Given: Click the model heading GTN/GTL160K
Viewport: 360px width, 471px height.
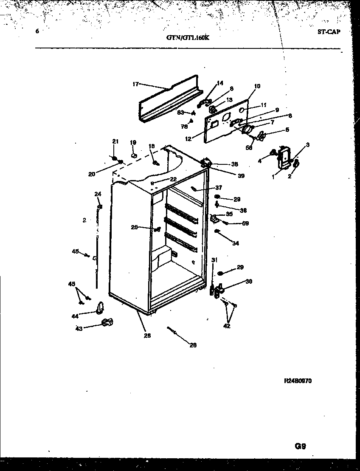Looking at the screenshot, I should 188,37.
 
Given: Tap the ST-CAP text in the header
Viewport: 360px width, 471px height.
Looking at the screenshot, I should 328,32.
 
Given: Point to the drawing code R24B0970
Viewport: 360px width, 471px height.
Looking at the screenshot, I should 298,381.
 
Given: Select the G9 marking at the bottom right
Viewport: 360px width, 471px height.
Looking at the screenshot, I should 300,446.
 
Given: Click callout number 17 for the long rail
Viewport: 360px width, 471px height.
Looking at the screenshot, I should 135,84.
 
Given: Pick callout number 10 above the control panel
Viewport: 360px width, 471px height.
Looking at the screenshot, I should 257,86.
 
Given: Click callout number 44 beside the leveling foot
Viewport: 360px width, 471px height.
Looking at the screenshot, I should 75,316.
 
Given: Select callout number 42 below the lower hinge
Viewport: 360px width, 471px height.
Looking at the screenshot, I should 227,326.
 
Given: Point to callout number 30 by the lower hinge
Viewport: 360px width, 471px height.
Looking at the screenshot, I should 249,281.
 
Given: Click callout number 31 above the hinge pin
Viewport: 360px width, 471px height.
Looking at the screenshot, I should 214,260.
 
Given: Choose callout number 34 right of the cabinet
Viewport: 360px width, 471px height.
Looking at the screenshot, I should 236,243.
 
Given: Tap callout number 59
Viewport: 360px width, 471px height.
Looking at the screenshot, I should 245,223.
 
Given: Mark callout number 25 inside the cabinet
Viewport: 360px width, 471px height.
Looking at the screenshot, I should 134,227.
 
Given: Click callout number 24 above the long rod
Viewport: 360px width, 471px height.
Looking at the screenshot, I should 98,194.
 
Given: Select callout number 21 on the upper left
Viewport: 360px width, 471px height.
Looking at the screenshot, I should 115,141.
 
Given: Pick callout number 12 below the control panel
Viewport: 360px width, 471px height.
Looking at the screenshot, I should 188,137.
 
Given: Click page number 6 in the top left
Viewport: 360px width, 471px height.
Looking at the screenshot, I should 37,31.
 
